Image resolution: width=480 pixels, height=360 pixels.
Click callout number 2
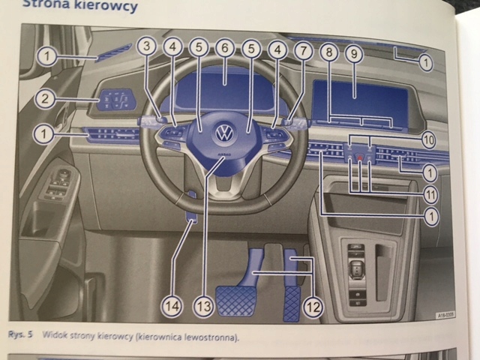[x=46, y=98]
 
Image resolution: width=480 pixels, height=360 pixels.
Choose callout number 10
[x=428, y=139]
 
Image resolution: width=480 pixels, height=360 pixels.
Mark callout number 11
[x=428, y=194]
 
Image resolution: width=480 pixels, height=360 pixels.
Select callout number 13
[x=202, y=305]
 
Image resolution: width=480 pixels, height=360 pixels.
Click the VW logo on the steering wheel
[x=223, y=133]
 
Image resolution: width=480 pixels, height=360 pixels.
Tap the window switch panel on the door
[x=58, y=184]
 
